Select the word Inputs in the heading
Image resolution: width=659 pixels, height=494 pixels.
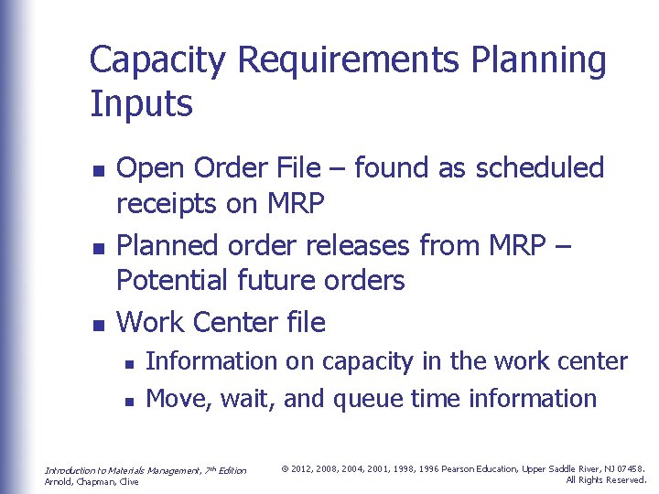click(141, 104)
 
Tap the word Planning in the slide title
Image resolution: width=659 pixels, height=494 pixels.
click(537, 61)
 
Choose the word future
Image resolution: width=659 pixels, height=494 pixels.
click(279, 281)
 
